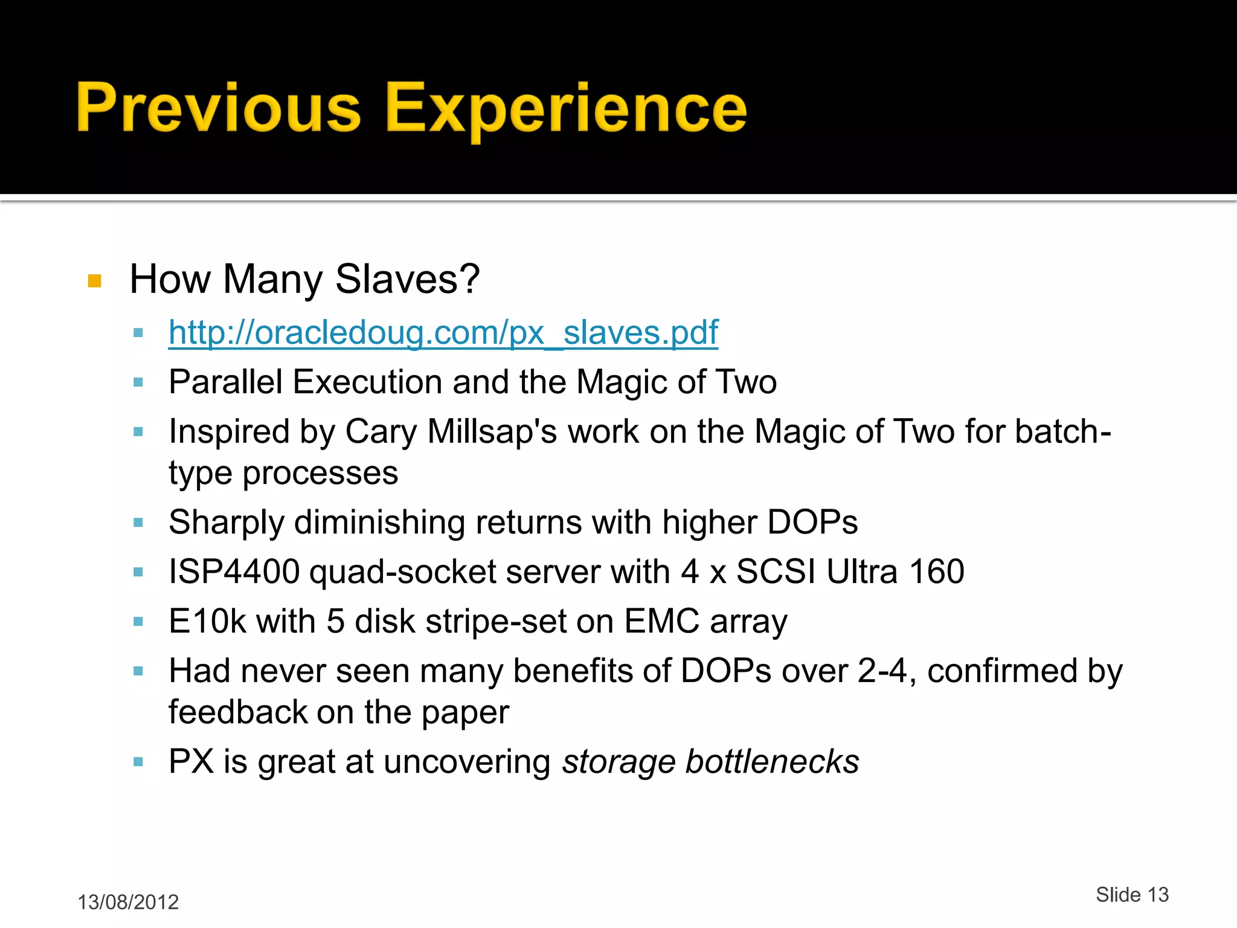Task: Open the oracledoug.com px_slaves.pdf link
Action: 443,332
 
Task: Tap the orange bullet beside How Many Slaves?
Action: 95,281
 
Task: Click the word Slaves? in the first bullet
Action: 407,279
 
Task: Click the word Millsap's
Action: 492,431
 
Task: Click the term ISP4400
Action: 234,572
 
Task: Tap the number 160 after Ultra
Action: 936,572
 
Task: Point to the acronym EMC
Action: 661,621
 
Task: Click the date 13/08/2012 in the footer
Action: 128,902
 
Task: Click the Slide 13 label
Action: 1132,894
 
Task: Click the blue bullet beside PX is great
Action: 138,762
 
